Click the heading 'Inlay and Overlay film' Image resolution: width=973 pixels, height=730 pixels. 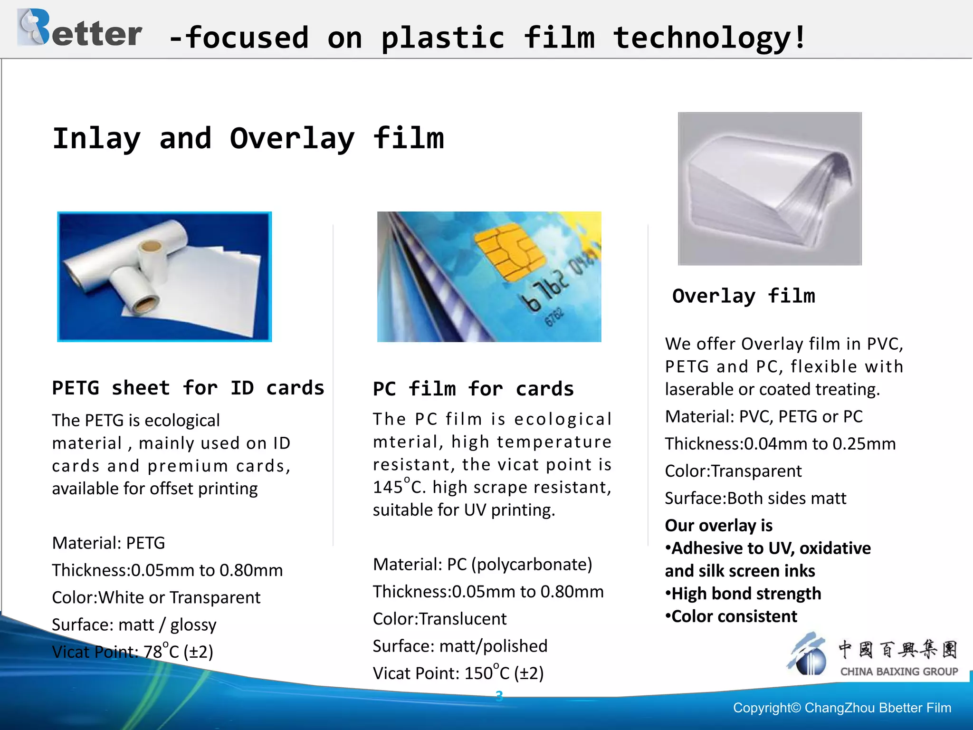coord(248,139)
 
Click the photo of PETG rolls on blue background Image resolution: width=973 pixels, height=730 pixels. coord(164,277)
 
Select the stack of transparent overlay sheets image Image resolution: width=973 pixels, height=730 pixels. coord(769,189)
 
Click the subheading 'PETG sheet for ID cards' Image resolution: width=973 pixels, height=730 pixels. coord(188,388)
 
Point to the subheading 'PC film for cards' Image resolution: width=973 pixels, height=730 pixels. coord(473,389)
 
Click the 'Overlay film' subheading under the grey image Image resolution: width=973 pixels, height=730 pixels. coord(744,296)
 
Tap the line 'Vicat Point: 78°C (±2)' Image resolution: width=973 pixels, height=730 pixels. coord(133,652)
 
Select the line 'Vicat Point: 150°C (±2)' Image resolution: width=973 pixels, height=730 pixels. coord(458,673)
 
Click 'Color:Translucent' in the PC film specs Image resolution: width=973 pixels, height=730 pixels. coord(439,619)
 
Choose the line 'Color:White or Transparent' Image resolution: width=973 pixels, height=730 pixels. coord(156,597)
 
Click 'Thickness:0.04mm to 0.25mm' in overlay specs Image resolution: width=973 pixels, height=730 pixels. coord(780,443)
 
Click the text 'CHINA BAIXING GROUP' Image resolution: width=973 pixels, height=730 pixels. coord(899,672)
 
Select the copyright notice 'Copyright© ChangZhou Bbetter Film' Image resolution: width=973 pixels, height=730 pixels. coord(842,708)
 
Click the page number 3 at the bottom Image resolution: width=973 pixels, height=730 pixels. coord(499,696)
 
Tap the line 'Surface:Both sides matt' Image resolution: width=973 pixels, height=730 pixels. coord(755,498)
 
